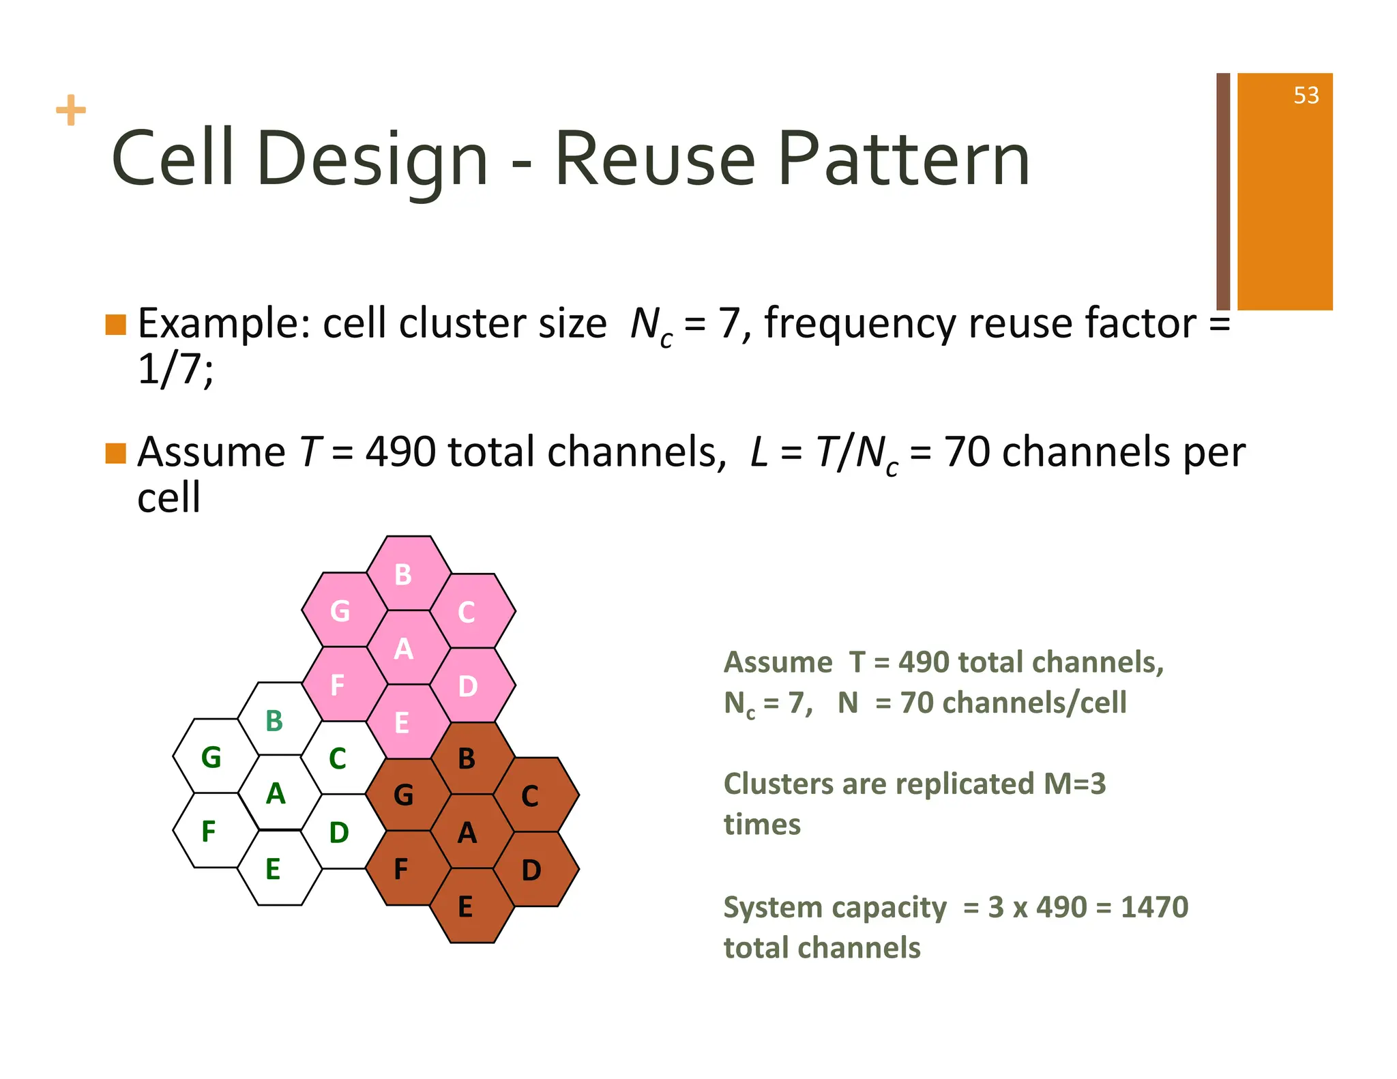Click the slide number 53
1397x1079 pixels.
pos(1306,95)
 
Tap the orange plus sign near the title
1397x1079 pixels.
pos(71,110)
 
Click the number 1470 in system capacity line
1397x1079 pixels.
pos(1154,907)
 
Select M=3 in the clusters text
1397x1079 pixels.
pos(1074,784)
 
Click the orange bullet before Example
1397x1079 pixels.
pos(116,325)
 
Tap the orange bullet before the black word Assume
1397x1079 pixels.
pos(116,454)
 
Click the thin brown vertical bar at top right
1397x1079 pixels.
pos(1222,191)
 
